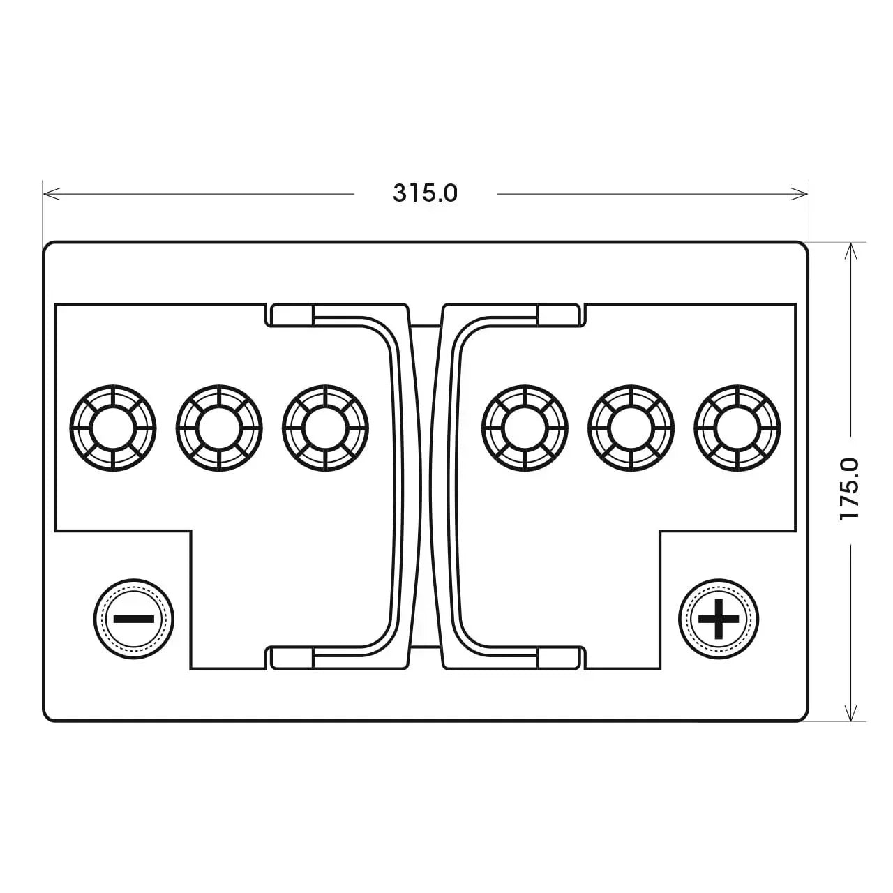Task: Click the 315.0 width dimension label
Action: pos(425,193)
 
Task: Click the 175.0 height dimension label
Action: pos(850,489)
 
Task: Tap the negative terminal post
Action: pos(133,619)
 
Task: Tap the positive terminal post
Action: pos(719,619)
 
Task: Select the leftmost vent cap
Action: pos(113,428)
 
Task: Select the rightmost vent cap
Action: pos(737,428)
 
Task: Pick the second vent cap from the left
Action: pos(219,428)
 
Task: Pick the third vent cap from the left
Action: pos(325,428)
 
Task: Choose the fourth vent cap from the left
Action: pos(525,428)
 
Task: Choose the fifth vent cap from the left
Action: pos(631,428)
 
